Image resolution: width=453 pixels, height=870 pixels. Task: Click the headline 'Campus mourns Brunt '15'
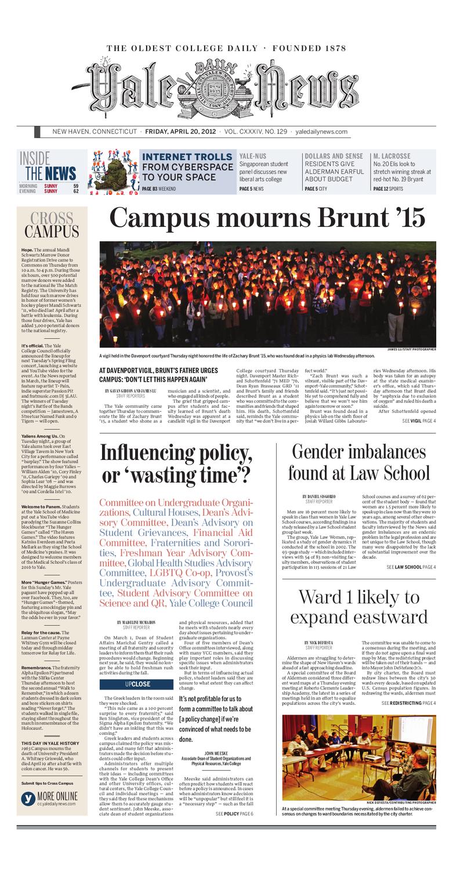coord(267,219)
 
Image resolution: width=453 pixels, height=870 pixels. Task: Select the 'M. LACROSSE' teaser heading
coord(392,156)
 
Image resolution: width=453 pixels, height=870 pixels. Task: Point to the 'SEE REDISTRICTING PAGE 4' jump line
coord(408,703)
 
